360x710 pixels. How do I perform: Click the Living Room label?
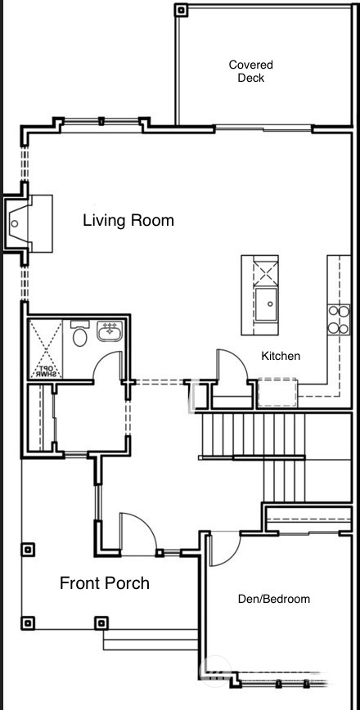[128, 221]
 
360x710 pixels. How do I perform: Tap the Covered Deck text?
[250, 71]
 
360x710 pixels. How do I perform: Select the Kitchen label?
[281, 356]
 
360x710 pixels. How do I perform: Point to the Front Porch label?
[105, 583]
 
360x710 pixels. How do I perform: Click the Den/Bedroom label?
[273, 599]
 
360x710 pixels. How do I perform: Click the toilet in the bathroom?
[80, 336]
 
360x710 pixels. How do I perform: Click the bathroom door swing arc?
[106, 368]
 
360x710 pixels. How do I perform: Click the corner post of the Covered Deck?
[182, 10]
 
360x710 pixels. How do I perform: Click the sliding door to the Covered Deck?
[263, 127]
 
